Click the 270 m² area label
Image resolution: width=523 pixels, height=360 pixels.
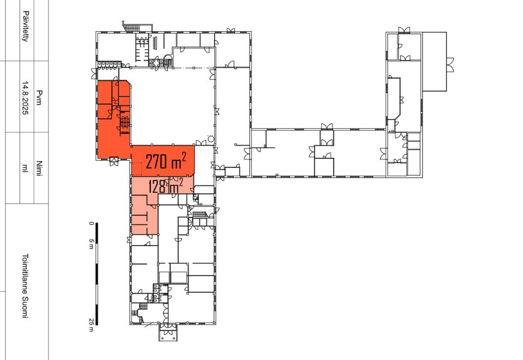[x=166, y=161]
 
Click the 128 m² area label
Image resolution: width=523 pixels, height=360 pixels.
[x=166, y=186]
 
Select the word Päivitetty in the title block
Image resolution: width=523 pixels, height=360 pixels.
[x=25, y=26]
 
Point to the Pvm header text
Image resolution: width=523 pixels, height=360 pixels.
[x=39, y=98]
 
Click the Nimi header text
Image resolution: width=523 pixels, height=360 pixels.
[x=39, y=169]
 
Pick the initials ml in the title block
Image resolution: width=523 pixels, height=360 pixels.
[x=25, y=168]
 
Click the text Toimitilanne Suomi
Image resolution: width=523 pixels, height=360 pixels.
[x=25, y=286]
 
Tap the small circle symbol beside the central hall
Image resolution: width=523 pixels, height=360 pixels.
[x=210, y=139]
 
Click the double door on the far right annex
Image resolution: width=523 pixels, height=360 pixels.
[x=450, y=65]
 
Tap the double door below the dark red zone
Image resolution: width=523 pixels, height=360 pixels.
[x=114, y=161]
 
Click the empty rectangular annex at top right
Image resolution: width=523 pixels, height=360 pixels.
[x=434, y=61]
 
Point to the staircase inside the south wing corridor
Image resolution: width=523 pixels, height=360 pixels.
[x=200, y=214]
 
